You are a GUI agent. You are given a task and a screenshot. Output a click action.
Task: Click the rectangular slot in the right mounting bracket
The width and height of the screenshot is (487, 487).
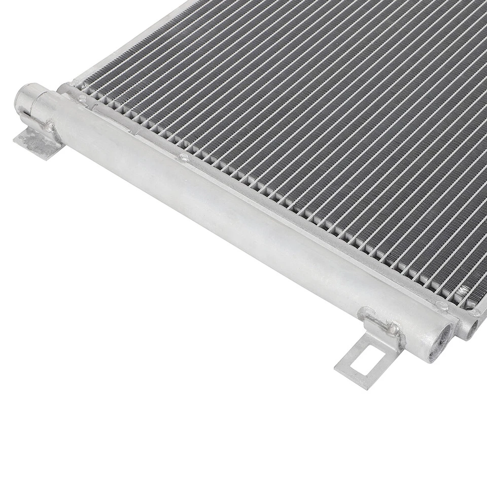pos(361,367)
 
